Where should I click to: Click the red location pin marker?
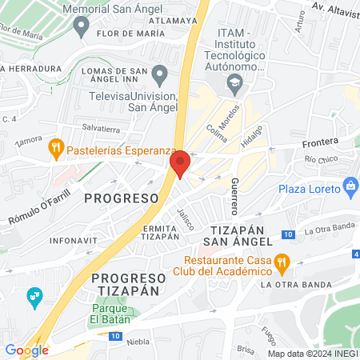click(x=180, y=164)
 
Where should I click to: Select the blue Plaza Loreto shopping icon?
click(x=350, y=188)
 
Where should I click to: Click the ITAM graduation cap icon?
click(x=234, y=82)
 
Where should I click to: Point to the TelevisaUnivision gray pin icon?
click(x=159, y=76)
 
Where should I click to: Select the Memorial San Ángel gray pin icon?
click(x=80, y=27)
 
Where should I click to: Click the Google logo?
click(x=26, y=350)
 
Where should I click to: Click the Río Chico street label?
click(x=322, y=158)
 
